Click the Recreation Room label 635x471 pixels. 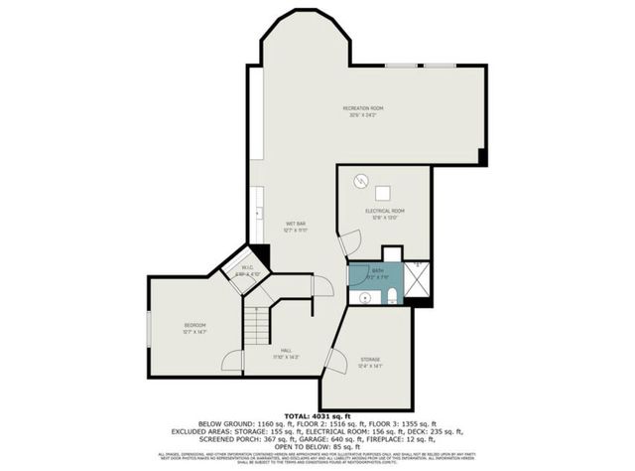[363, 107]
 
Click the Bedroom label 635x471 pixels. [194, 326]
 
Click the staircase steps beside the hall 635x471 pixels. [257, 324]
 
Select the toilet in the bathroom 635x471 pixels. [394, 292]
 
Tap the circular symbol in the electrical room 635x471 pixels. [362, 181]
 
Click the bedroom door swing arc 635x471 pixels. [230, 362]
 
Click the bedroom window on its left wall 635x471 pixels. [149, 327]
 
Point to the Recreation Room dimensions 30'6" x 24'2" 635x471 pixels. [363, 115]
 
